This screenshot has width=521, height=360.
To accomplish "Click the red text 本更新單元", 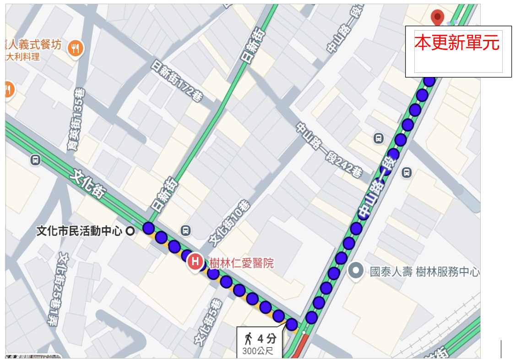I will [457, 43].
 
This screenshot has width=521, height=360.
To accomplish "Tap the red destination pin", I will [438, 17].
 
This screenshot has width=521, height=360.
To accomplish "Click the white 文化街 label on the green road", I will [87, 185].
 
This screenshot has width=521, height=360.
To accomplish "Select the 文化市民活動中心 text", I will [79, 231].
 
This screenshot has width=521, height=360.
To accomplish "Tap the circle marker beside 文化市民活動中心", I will [130, 231].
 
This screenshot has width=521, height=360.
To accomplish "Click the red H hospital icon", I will [195, 262].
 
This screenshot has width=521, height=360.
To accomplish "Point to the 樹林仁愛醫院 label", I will [241, 263].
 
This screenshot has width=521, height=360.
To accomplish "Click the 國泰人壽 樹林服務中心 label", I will [424, 272].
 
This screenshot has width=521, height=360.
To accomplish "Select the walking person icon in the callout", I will [248, 339].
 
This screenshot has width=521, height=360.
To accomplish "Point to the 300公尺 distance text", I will [258, 352].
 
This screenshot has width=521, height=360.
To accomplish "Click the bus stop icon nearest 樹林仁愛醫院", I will [185, 230].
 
